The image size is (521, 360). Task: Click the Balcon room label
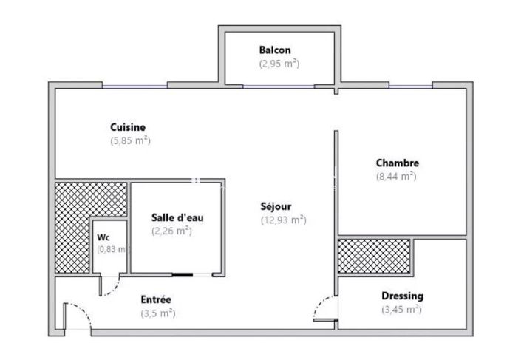[x=274, y=50]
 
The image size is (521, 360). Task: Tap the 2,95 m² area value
[x=279, y=64]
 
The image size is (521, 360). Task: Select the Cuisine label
[x=127, y=127]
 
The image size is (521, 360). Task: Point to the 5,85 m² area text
[x=131, y=140]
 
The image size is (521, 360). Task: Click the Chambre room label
[x=397, y=163]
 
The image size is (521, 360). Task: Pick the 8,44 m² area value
[x=396, y=177]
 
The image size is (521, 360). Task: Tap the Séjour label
[x=276, y=206]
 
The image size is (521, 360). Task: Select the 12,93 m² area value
[x=283, y=220]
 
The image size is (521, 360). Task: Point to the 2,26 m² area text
[x=171, y=231]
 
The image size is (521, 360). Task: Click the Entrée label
[x=156, y=299]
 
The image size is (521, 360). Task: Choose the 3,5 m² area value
[x=157, y=313]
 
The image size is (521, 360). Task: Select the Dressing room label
[x=402, y=296]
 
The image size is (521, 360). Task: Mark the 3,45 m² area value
[x=401, y=310]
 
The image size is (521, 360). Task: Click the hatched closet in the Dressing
[x=374, y=256]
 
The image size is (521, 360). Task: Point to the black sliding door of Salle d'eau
[x=183, y=275]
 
